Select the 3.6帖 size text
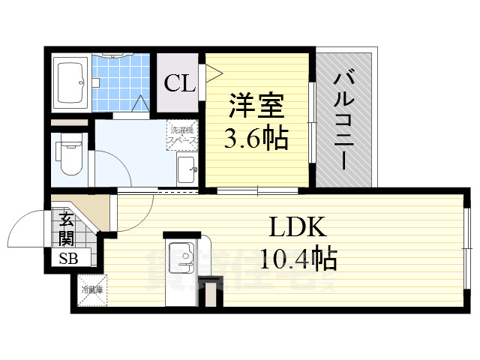[x=256, y=139]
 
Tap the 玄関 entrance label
[x=66, y=229]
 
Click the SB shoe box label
[x=67, y=259]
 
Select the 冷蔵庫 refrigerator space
[x=91, y=289]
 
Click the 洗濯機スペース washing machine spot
[x=182, y=134]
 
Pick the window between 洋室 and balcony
[x=312, y=120]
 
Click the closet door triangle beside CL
[x=212, y=75]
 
